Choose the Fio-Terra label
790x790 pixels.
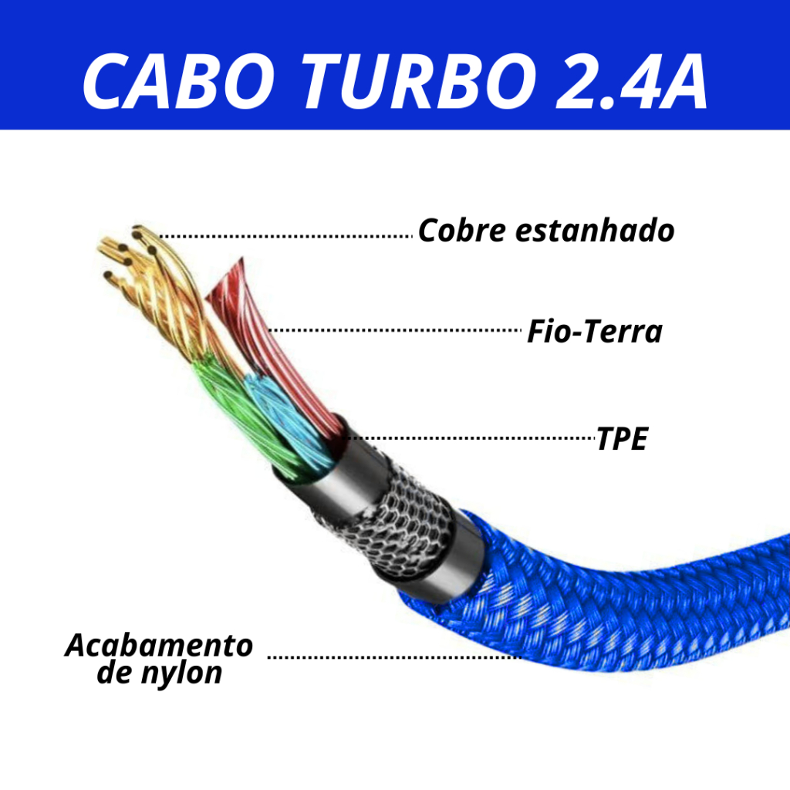594,332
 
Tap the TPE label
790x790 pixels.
622,439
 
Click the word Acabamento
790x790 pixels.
159,645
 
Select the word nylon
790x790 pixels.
182,673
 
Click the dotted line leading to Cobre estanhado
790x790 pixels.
285,235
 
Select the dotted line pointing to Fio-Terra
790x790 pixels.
393,330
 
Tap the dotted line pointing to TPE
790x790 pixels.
471,437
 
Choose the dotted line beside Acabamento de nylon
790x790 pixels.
393,657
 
